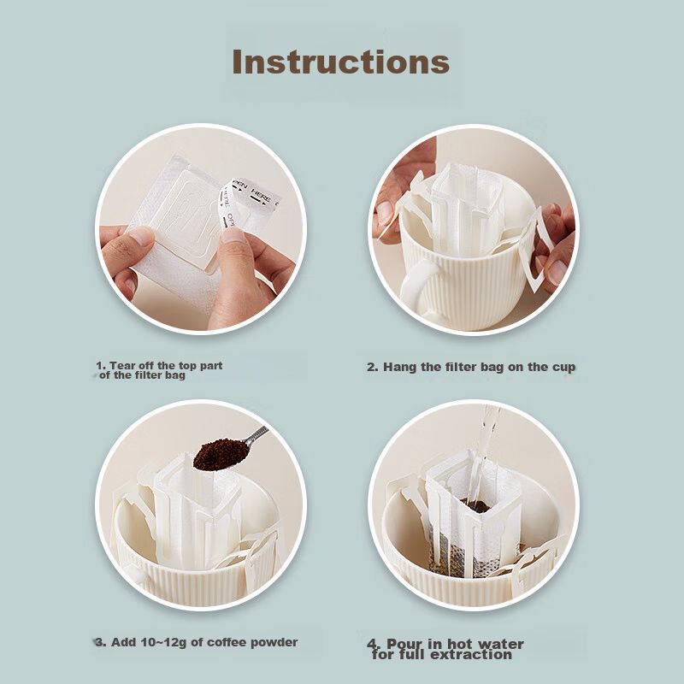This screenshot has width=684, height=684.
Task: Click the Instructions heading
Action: tap(340, 62)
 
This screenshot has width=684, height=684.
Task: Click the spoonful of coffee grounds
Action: tap(220, 455)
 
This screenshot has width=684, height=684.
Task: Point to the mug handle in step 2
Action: tap(419, 284)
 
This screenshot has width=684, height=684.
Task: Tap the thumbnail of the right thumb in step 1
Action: tap(233, 237)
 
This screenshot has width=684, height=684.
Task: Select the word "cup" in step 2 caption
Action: tap(564, 368)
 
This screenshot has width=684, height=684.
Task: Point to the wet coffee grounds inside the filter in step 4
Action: tap(478, 506)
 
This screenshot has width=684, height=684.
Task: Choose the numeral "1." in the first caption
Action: tap(101, 366)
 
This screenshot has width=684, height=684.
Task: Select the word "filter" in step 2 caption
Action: tap(460, 368)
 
